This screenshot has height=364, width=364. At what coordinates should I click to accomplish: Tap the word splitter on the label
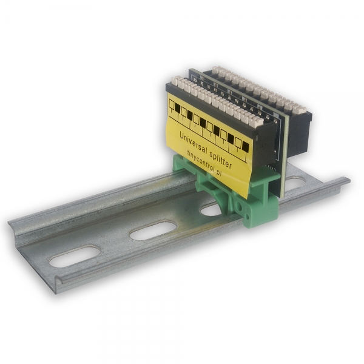pyautogui.click(x=220, y=158)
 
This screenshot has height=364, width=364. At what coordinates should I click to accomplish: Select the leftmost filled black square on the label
pyautogui.click(x=178, y=108)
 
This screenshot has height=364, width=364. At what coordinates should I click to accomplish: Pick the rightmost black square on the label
pyautogui.click(x=245, y=146)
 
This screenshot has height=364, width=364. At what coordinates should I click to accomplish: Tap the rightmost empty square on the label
pyautogui.click(x=238, y=142)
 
